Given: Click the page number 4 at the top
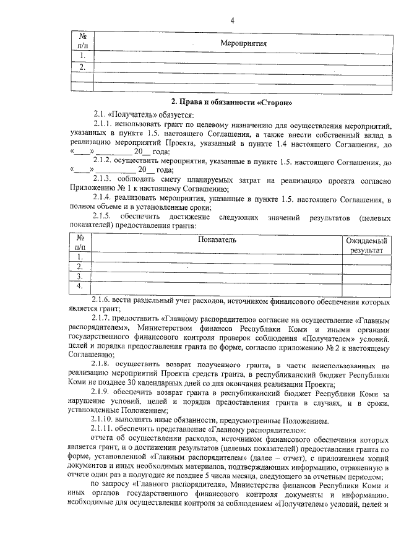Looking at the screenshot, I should (x=232, y=20).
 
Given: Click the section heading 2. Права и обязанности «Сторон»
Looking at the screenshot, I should (x=231, y=101).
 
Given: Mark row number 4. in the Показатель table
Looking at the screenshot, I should (x=79, y=286).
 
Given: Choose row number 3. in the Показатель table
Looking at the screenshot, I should (x=79, y=276).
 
